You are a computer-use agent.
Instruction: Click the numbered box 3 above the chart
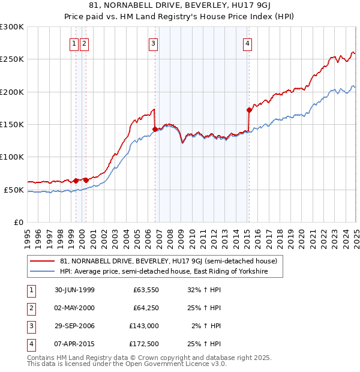pyautogui.click(x=154, y=43)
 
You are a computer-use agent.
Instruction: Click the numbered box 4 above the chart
pyautogui.click(x=247, y=43)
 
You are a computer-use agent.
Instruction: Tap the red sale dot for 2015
pyautogui.click(x=248, y=110)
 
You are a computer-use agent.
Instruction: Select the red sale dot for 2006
pyautogui.click(x=155, y=129)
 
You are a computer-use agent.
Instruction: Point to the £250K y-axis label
pyautogui.click(x=12, y=59)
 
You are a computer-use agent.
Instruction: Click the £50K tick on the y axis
pyautogui.click(x=14, y=190)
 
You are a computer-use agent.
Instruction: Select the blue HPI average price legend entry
pyautogui.click(x=162, y=272)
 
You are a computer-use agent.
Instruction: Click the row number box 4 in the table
pyautogui.click(x=31, y=344)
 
